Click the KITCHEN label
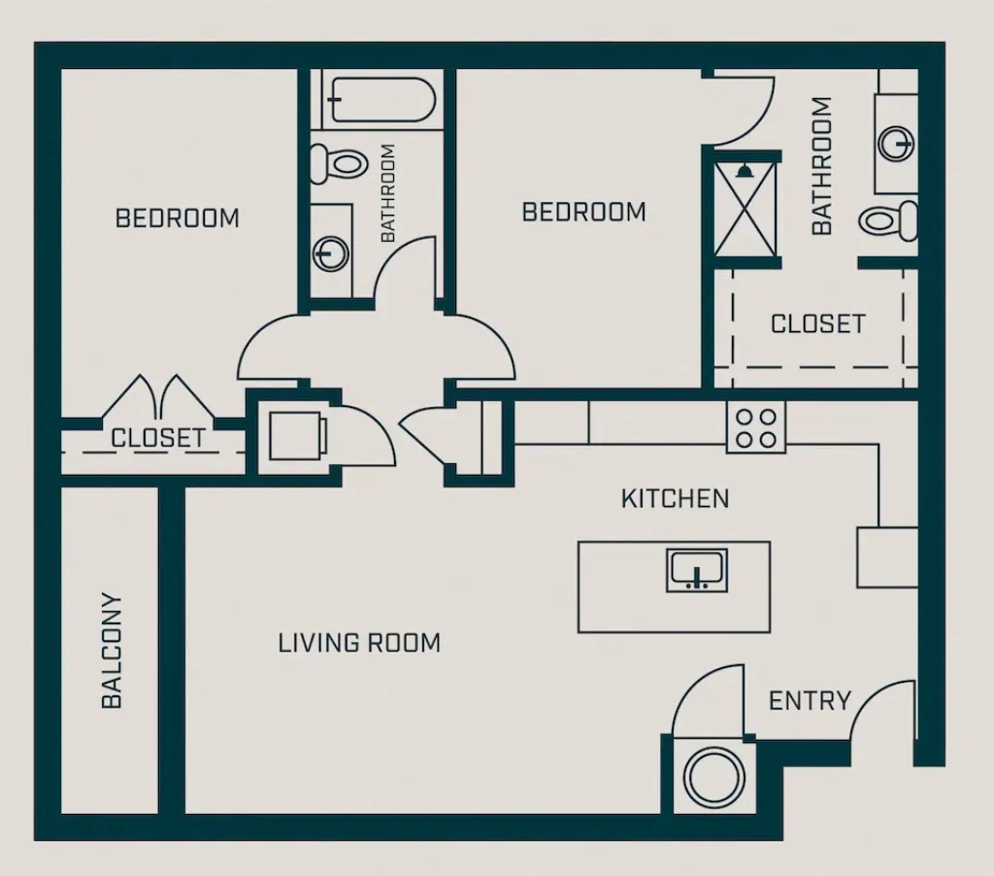pos(675,499)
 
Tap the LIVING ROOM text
pos(359,643)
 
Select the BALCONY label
pos(112,650)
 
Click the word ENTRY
pos(810,700)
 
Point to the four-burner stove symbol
pos(756,427)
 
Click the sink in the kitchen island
pos(696,569)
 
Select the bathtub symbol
pos(380,99)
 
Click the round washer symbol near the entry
pos(713,775)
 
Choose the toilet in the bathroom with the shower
pos(888,221)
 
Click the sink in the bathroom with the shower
pos(897,144)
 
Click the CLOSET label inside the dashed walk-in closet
pos(817,323)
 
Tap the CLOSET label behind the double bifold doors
pos(157,438)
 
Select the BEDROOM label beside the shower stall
pos(583,212)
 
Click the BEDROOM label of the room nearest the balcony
pos(177,218)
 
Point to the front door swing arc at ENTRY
pos(881,704)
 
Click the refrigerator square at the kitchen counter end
pos(886,557)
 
